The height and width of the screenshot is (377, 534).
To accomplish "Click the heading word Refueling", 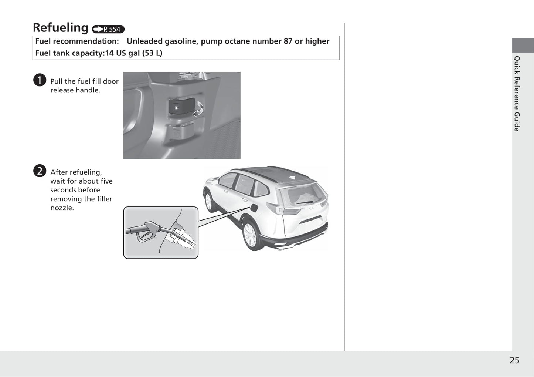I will pyautogui.click(x=60, y=28).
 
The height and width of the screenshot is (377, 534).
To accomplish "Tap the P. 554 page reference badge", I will pyautogui.click(x=108, y=29).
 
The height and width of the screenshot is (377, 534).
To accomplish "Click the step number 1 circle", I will pyautogui.click(x=40, y=80).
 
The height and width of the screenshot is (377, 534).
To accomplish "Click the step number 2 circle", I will pyautogui.click(x=40, y=171).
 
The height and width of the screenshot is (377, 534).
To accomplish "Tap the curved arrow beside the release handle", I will pyautogui.click(x=198, y=110).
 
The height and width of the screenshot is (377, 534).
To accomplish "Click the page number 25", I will pyautogui.click(x=514, y=360).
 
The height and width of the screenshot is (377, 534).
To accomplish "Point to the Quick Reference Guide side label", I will pyautogui.click(x=517, y=93).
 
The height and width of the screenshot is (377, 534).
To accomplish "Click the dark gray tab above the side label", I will pyautogui.click(x=523, y=45).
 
